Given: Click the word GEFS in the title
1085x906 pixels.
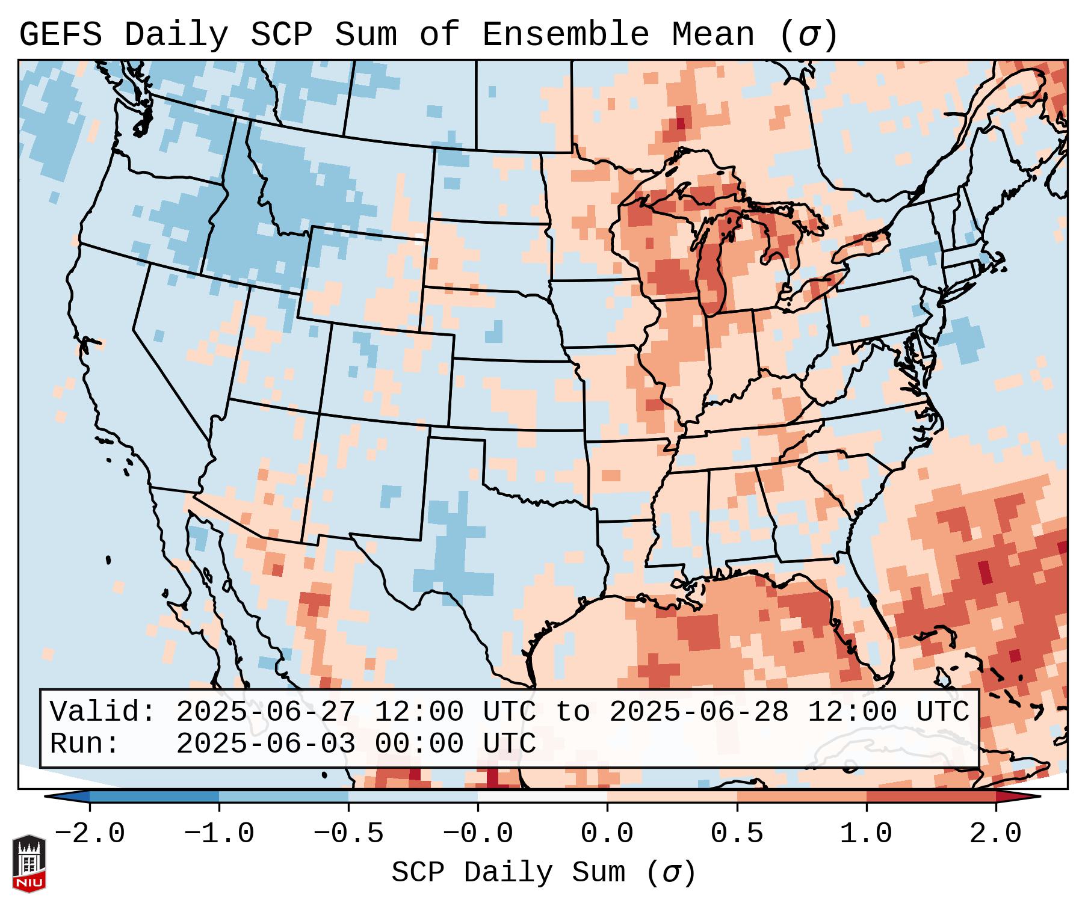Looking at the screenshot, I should click(x=61, y=35).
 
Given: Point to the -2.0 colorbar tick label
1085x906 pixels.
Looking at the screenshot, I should click(x=90, y=834).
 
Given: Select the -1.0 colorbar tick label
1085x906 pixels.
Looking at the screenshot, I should click(x=219, y=834).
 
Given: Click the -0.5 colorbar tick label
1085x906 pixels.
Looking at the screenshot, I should click(x=348, y=834).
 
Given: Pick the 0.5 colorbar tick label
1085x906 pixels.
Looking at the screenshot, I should click(x=737, y=834).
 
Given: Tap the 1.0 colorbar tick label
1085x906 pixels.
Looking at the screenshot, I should click(x=866, y=834).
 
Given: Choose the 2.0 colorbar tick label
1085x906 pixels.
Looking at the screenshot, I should click(x=995, y=834).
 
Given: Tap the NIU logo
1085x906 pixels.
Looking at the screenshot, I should click(x=29, y=863).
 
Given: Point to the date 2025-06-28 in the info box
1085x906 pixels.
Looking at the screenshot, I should click(x=699, y=712).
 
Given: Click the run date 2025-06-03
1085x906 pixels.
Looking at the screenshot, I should click(x=265, y=744).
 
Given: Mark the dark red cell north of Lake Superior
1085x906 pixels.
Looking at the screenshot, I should click(x=681, y=124).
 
